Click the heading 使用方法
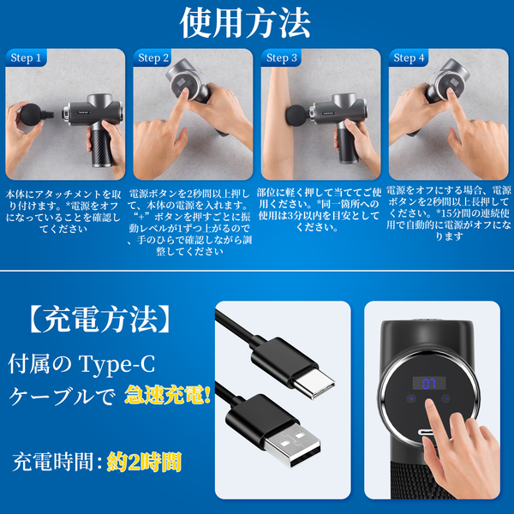coord(245,22)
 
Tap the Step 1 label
coord(26,57)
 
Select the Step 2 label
coord(153,57)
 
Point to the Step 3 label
coord(282,57)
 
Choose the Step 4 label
coord(409,57)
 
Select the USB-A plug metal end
coord(292,445)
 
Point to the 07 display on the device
coord(429,384)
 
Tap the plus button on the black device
coord(411,399)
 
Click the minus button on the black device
coord(445,399)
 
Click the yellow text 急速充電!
coord(167,395)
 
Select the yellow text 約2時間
coord(144,463)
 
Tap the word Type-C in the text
coord(117,365)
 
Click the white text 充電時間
coord(52,463)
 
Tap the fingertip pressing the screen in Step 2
coord(184,92)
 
